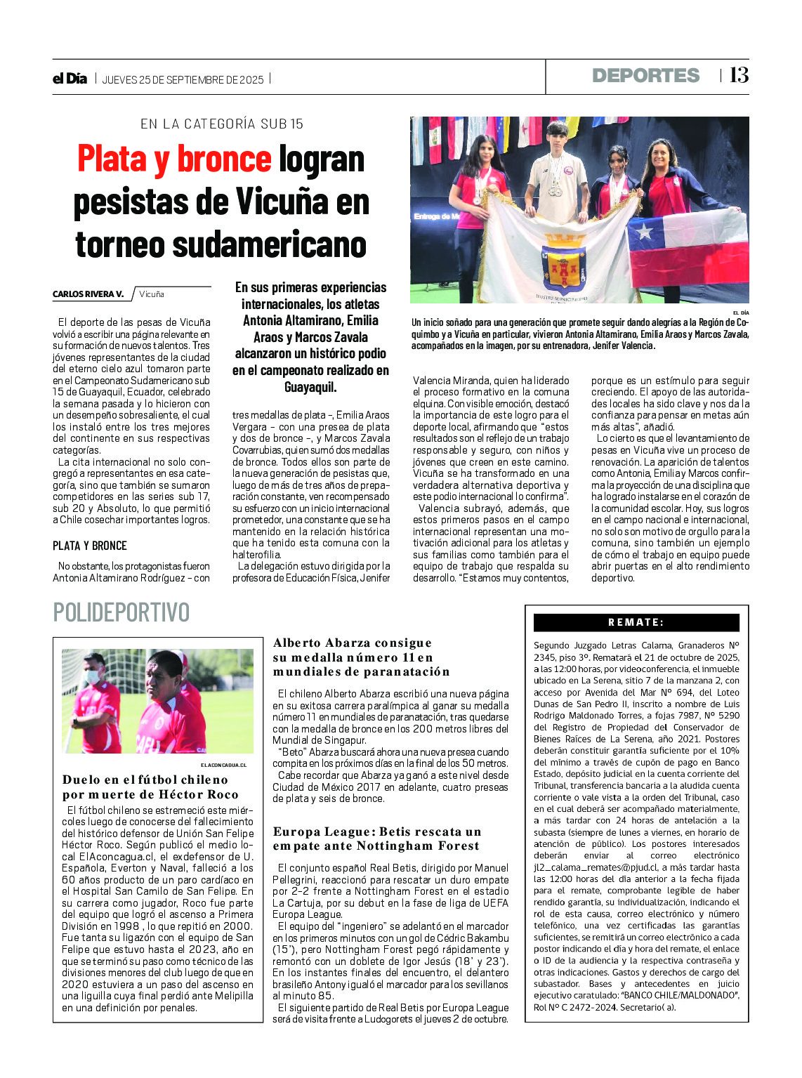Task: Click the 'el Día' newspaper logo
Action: [70, 79]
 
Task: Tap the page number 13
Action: [739, 75]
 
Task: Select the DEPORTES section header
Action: [645, 76]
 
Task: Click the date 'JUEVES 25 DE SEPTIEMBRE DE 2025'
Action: [183, 80]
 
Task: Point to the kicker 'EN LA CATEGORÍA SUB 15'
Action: [222, 124]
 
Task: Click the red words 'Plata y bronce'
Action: [174, 159]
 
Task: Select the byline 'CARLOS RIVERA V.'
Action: [88, 294]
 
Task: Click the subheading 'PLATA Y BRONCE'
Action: [90, 546]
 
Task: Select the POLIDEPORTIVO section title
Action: [121, 612]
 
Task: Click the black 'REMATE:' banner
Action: [636, 622]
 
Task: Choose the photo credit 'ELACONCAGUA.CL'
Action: [223, 765]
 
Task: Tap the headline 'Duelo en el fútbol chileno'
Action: [145, 780]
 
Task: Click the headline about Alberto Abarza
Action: [361, 657]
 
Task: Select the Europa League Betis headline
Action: [377, 839]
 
